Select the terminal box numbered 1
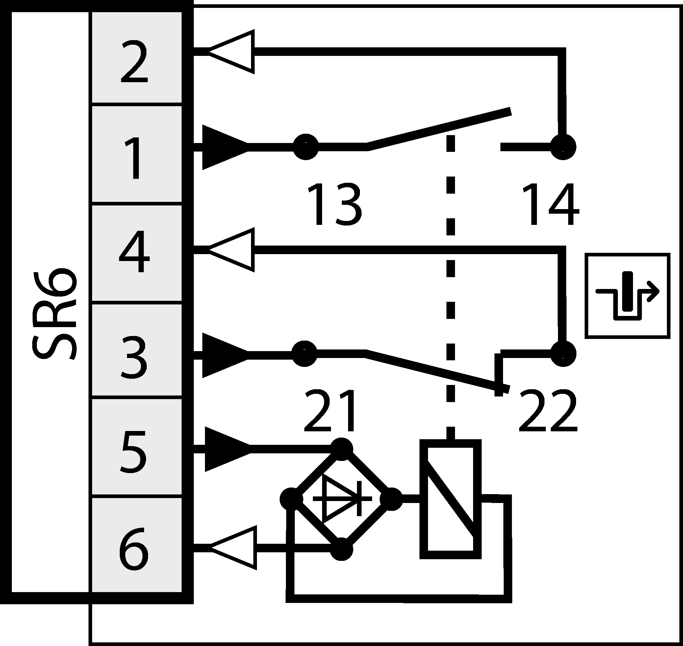(x=136, y=154)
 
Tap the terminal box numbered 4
(x=136, y=254)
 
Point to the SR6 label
(x=54, y=313)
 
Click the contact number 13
(x=334, y=204)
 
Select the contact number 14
(x=550, y=204)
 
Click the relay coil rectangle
(x=450, y=499)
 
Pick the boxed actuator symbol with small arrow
(x=627, y=296)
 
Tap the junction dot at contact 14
(x=563, y=147)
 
